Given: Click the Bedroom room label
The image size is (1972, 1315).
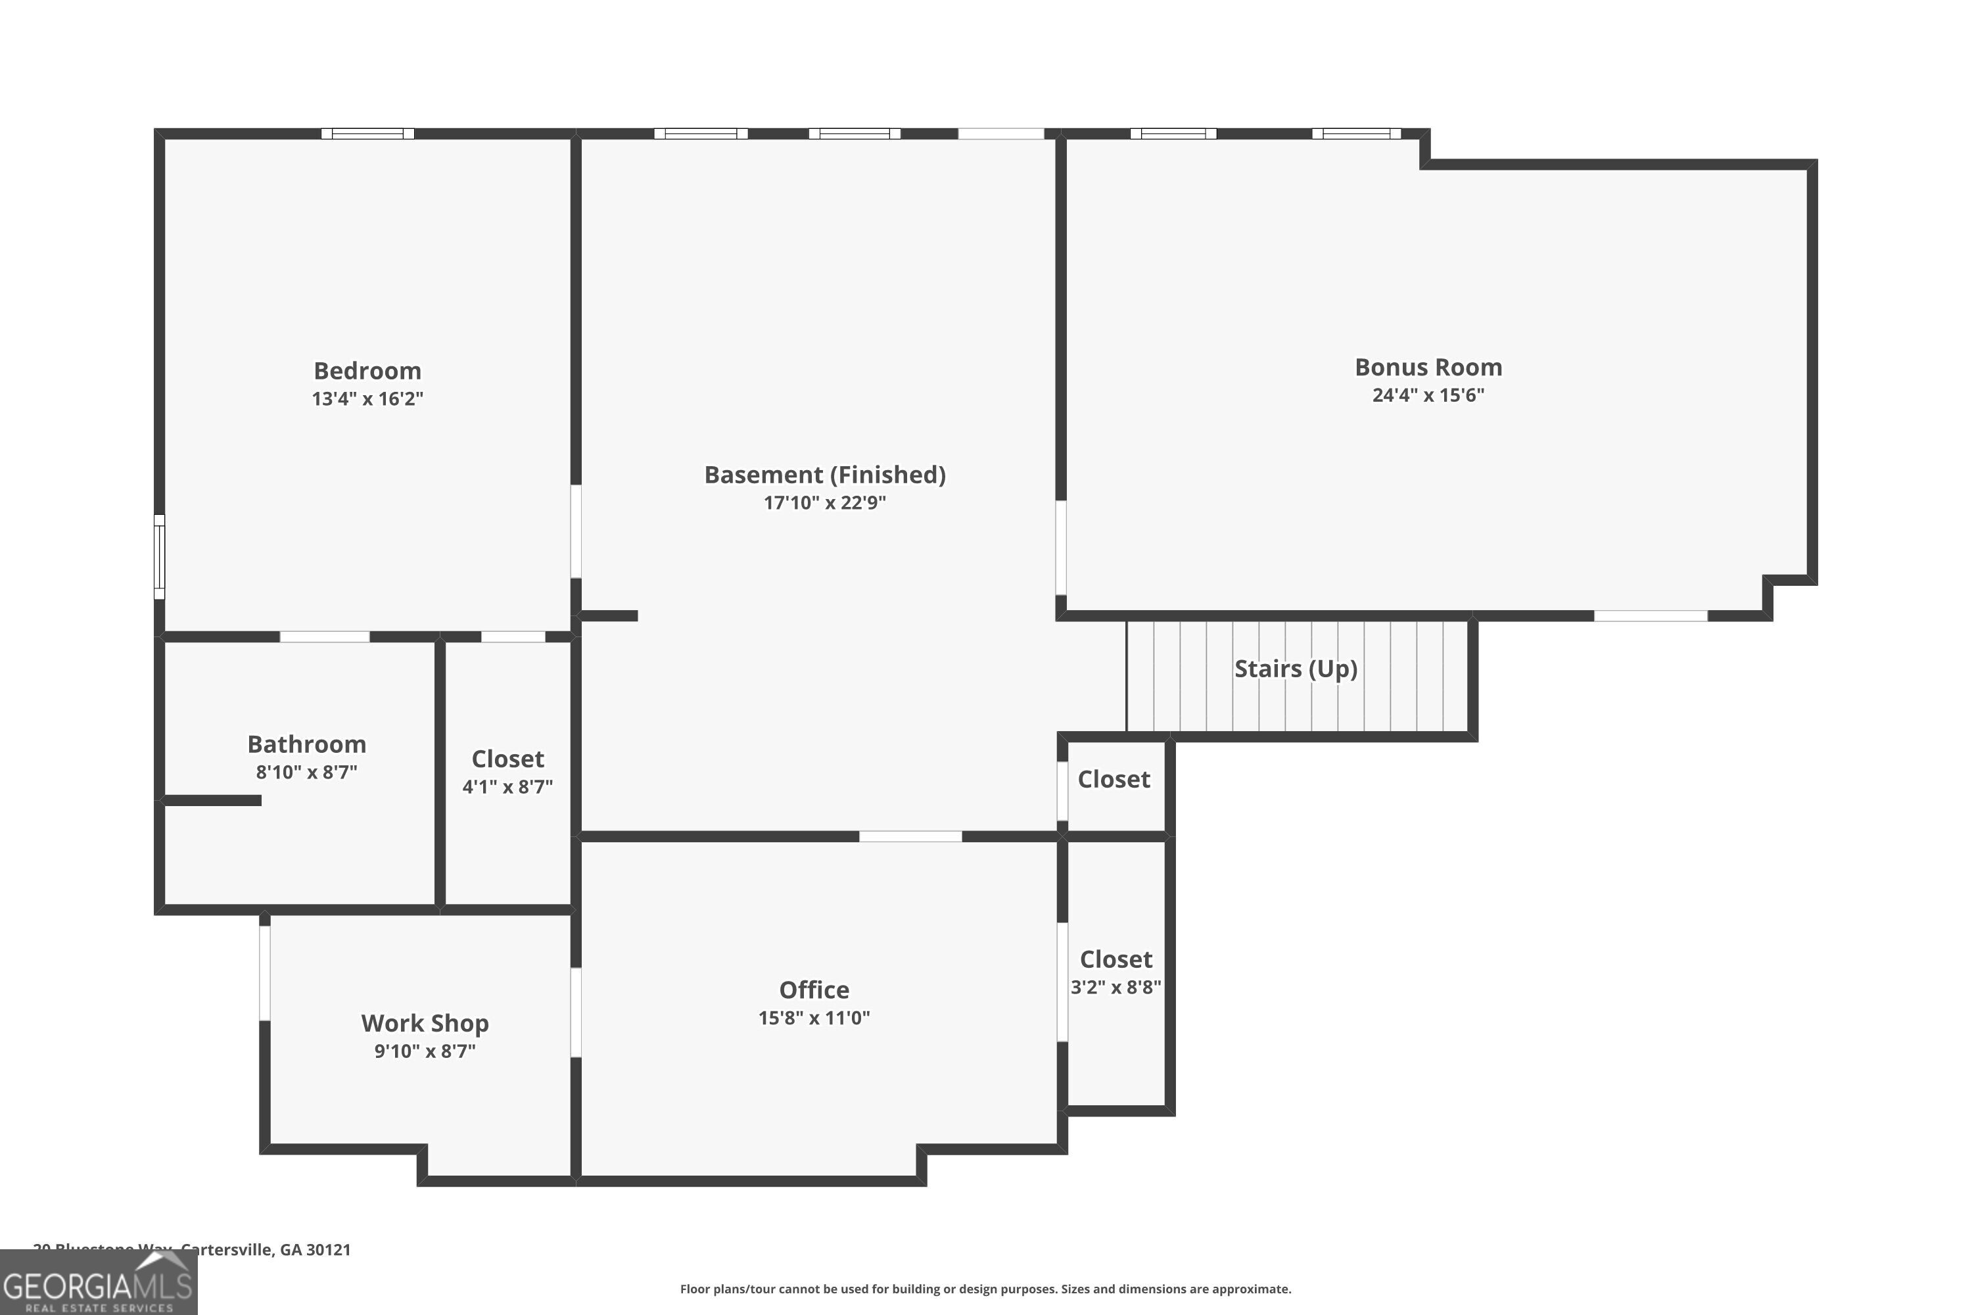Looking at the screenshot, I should click(367, 371).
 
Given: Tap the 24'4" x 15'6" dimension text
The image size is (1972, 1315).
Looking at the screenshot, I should click(1428, 395).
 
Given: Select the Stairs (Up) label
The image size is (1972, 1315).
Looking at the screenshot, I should click(1296, 669).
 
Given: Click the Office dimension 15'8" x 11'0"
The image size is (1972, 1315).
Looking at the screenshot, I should click(814, 1017).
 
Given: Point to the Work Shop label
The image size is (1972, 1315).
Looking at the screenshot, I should click(425, 1023).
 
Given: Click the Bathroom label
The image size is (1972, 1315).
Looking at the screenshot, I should click(306, 744).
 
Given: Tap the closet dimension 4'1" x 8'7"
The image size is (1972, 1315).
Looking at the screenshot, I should click(507, 786).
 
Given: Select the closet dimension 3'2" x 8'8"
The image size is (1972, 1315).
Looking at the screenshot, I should click(1116, 987).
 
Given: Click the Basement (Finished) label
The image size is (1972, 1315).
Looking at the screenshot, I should click(824, 475).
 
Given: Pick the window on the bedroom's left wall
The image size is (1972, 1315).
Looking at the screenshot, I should click(159, 557).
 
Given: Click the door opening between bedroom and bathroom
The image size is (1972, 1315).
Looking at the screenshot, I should click(325, 636).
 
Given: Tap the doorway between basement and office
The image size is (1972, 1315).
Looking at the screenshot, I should click(910, 836).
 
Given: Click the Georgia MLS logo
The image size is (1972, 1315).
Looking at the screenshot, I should click(98, 1283).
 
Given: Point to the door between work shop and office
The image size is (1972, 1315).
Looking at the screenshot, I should click(576, 1013).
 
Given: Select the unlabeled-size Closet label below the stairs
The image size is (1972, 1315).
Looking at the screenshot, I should click(1114, 779).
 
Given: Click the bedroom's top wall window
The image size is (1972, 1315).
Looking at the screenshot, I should click(367, 133).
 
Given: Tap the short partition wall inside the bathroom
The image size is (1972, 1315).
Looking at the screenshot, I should click(212, 800).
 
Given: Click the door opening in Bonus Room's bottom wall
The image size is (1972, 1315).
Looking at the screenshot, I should click(1650, 615).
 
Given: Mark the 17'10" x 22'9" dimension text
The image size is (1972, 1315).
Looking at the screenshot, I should click(824, 502).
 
